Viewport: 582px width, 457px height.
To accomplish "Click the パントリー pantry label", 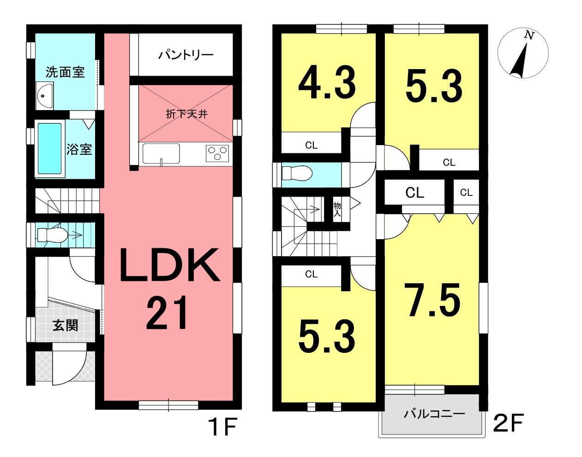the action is point(186,55).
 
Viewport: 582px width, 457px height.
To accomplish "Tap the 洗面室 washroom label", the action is point(65,72).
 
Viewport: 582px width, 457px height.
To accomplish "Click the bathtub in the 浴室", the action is point(49,149).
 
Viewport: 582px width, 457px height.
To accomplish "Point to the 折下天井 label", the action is point(187,114).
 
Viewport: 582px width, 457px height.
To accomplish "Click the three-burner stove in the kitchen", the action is point(217,153).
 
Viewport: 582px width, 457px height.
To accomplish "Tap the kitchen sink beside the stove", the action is point(161,153).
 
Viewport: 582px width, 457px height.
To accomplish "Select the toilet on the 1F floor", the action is point(52,235).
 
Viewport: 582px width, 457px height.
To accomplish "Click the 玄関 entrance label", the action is point(65,325).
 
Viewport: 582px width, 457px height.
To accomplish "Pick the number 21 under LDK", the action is point(167,313).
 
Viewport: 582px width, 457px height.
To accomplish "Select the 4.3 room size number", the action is point(327,82).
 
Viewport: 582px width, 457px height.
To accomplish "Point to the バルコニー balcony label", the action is point(434,414).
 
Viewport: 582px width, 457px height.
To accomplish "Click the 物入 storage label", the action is point(337,210).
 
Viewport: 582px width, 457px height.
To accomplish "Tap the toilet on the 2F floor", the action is point(297,173).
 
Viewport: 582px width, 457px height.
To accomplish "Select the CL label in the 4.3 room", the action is point(311,145).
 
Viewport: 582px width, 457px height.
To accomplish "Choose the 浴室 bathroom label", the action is point(79,149).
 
